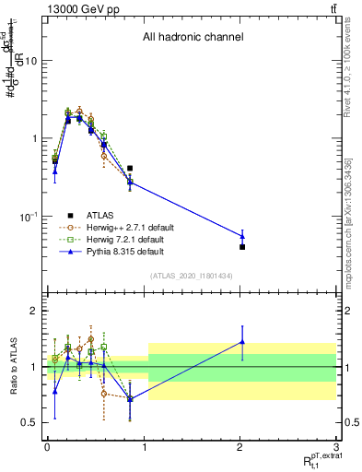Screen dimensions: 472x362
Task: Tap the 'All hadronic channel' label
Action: coord(193,38)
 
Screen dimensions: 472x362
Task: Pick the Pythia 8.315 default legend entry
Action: coord(120,251)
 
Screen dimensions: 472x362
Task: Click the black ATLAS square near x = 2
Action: coord(242,247)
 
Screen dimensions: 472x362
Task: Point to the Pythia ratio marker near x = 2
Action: coord(242,342)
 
